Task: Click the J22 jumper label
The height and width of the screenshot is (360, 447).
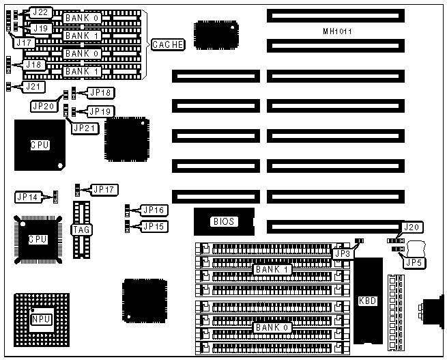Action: coord(40,13)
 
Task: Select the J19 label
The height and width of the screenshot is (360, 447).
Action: coord(40,29)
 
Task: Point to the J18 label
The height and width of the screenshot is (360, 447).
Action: coord(33,65)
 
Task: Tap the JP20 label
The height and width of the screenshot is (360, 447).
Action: coord(43,106)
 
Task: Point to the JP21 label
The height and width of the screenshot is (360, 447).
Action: coord(85,127)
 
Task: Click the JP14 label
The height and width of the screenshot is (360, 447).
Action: coord(28,197)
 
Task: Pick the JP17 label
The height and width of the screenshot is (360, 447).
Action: coord(105,189)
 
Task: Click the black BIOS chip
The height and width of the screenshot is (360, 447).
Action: coord(223,221)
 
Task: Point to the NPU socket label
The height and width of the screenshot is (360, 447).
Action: coord(40,320)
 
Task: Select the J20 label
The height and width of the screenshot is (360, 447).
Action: coord(412,227)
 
